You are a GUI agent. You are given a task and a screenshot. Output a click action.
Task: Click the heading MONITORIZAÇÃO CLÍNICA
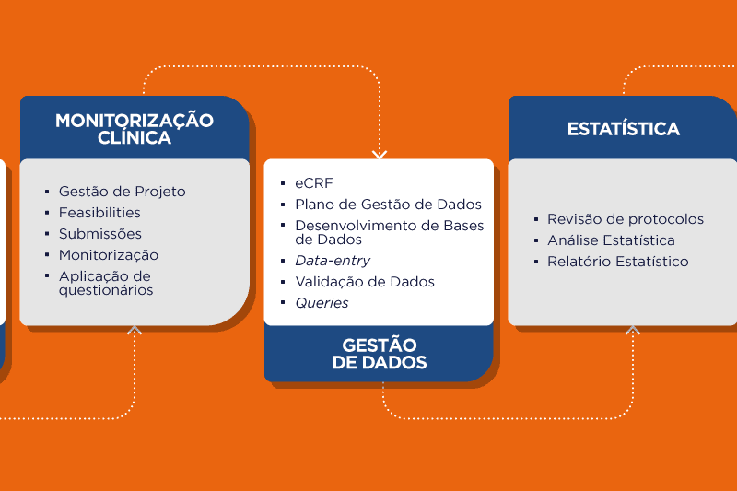[135, 129]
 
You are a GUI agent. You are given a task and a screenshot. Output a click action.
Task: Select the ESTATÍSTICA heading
[624, 129]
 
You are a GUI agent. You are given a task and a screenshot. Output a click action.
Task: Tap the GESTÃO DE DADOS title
[380, 354]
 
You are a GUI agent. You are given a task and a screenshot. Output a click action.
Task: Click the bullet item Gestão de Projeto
[123, 192]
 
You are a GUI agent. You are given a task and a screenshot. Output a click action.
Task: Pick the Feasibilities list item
[99, 213]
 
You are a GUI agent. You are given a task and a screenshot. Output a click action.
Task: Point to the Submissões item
[100, 234]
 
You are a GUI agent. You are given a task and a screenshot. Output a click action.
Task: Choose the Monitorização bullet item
[109, 255]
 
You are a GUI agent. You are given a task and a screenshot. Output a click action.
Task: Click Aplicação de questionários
[106, 283]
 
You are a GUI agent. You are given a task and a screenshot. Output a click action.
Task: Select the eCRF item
[314, 183]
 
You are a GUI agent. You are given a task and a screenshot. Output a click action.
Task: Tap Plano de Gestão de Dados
[388, 205]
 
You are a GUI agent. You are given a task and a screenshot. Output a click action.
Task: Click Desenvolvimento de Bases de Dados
[389, 232]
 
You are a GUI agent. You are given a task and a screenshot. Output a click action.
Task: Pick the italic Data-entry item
[333, 261]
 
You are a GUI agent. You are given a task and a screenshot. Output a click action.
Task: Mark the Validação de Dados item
[365, 282]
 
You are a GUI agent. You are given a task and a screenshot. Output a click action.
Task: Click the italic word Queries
[322, 303]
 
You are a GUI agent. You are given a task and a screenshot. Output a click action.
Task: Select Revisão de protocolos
[626, 219]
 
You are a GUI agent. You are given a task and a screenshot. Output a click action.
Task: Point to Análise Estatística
[611, 240]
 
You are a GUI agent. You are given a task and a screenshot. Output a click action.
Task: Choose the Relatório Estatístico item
[617, 262]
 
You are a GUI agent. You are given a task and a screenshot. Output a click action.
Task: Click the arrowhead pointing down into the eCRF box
[380, 155]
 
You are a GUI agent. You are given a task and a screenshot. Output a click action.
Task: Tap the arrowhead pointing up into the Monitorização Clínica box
[135, 330]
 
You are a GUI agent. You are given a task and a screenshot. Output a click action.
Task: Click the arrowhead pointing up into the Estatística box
[633, 330]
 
